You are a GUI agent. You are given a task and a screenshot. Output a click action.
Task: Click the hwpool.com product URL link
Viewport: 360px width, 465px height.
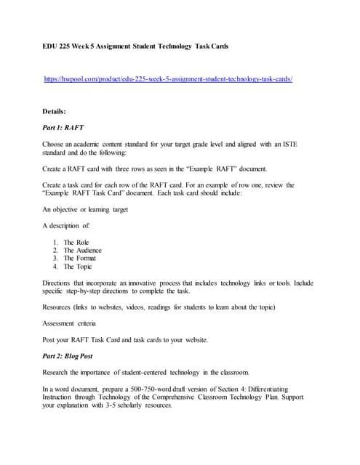pos(168,78)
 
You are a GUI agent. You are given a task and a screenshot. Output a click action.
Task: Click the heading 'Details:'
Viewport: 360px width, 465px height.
pos(55,111)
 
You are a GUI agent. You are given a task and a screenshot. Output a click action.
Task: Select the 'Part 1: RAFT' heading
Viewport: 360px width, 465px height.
pos(63,127)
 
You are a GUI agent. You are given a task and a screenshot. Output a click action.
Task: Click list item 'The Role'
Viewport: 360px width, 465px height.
pos(76,243)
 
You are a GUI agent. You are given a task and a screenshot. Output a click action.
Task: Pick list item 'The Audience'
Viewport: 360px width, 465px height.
pos(82,251)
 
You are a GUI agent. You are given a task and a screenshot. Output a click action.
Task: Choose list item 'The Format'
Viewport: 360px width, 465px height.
pos(79,258)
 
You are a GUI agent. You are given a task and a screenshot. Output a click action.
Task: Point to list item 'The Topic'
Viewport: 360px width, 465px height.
pos(78,266)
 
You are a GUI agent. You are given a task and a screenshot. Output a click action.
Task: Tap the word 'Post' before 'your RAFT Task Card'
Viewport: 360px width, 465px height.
pos(49,339)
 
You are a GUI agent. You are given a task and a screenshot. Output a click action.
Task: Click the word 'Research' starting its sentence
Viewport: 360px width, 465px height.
pos(57,372)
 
